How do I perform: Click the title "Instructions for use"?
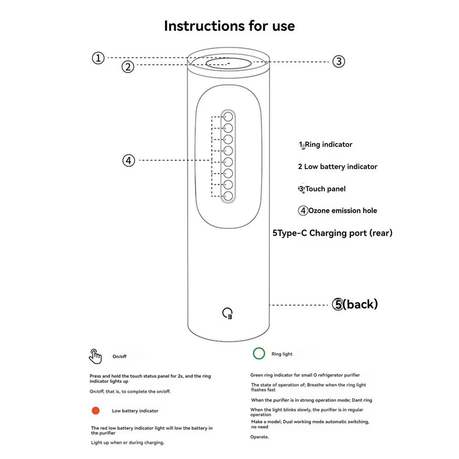coord(229,26)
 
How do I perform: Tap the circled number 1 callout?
coord(98,58)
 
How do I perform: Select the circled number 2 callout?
coord(128,66)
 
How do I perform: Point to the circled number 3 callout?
coord(338,61)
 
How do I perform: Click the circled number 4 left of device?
coord(129,160)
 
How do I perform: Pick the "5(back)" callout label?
coord(355,304)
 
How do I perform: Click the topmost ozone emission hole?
coord(228,116)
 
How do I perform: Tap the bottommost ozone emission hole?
coord(228,196)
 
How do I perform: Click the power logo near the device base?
coord(227,314)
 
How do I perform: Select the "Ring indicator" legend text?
coord(328,144)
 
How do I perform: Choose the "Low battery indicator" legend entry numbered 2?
coord(337,166)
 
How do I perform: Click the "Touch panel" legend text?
coord(325,189)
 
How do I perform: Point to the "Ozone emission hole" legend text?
coord(342,210)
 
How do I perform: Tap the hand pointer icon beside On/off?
coord(95,356)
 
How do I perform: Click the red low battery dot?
coord(95,410)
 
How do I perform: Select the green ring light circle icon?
coord(259,354)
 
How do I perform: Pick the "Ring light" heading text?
coord(282,354)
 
